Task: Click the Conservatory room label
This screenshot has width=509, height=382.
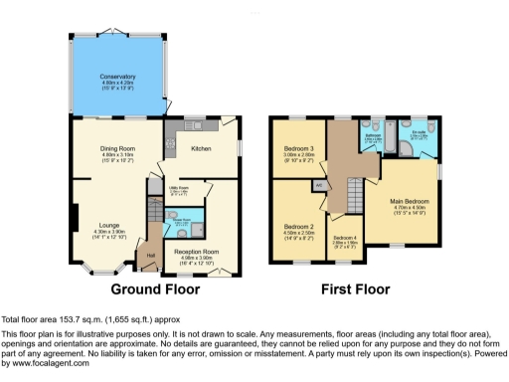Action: (116, 77)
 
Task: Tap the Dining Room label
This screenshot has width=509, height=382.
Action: (116, 148)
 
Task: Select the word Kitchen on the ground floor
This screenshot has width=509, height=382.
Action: (201, 148)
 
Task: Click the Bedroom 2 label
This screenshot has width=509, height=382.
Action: (299, 227)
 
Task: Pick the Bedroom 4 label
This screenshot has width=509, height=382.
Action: (344, 237)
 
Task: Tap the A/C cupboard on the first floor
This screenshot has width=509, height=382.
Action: (319, 185)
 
